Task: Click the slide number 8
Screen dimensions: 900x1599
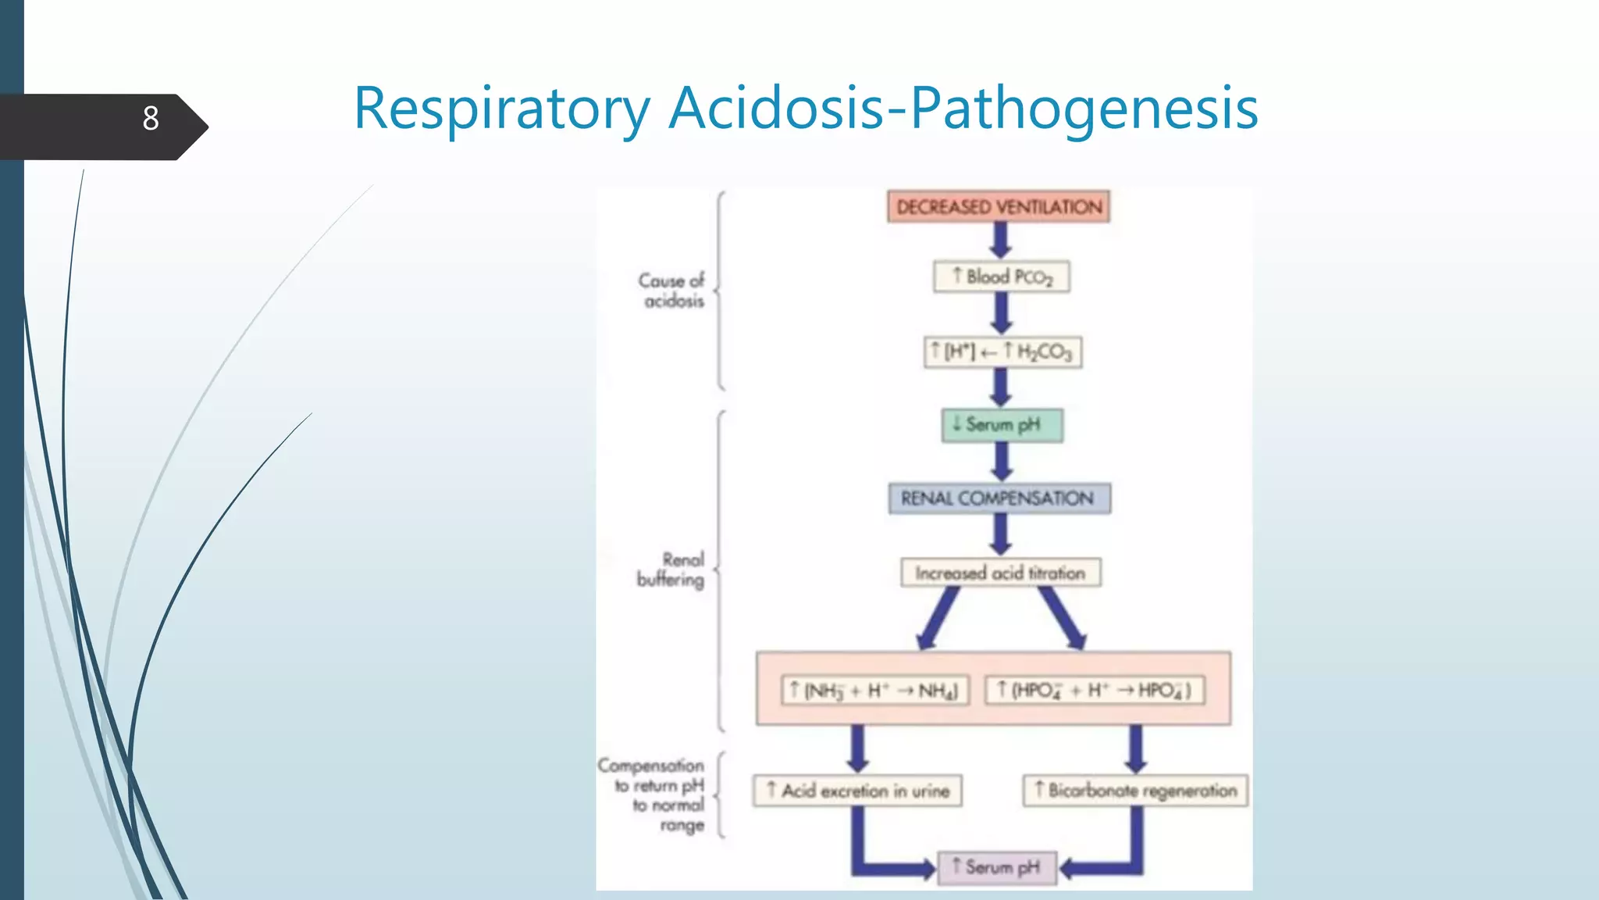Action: coord(151,119)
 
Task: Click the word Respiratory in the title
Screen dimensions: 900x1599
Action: coord(501,109)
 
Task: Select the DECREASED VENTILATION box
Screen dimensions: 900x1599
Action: coord(999,207)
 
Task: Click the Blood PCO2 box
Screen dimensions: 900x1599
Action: coord(1001,277)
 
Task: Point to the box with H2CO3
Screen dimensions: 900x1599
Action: coord(1002,352)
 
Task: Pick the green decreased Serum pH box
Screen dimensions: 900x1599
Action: coord(1002,425)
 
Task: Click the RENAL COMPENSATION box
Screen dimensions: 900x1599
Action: coord(999,498)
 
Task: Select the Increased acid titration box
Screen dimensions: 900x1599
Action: coord(1000,573)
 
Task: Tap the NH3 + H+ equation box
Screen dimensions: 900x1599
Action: coord(875,691)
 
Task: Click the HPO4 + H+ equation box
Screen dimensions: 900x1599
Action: coord(1094,691)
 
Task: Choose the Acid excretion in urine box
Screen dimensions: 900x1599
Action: coord(857,791)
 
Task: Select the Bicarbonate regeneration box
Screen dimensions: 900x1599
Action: coord(1135,791)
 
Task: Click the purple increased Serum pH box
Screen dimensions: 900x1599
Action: coord(996,867)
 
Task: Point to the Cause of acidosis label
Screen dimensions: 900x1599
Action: coord(671,291)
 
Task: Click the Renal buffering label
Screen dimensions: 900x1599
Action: coord(671,570)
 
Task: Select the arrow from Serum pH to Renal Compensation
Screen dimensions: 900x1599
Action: coord(1002,462)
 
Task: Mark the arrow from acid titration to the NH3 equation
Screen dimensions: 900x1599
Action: coord(939,617)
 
